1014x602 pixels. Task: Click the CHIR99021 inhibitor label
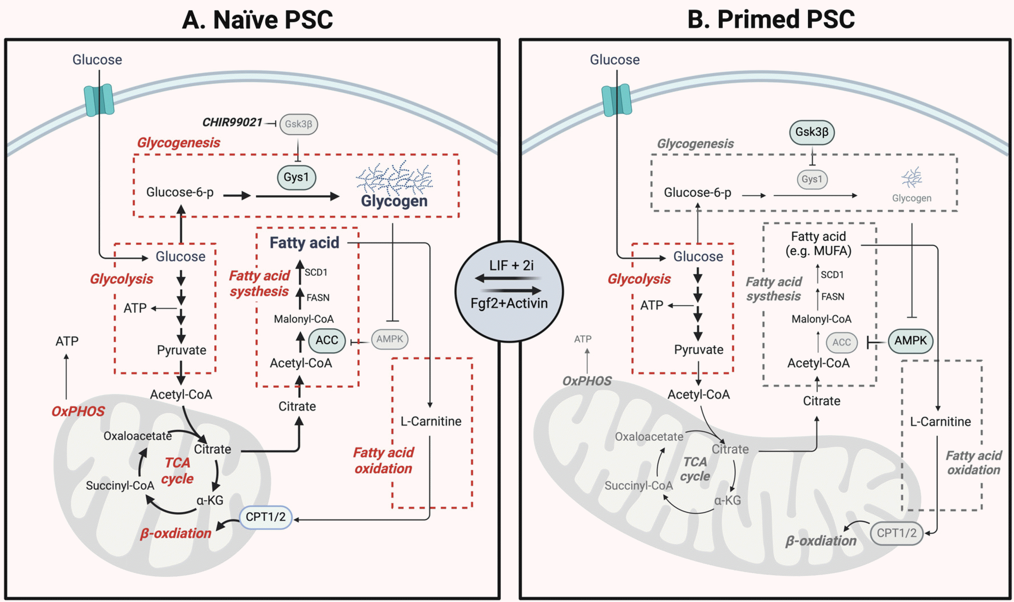tap(232, 122)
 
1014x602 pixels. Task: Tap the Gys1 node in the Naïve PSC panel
tap(296, 177)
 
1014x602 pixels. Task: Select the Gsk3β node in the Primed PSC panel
tap(811, 132)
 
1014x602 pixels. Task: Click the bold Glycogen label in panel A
tap(394, 201)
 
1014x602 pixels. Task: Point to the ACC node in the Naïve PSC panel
tap(327, 340)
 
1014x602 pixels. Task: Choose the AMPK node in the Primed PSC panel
tap(910, 341)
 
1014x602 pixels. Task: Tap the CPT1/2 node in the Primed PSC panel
tap(896, 533)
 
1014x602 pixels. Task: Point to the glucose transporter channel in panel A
tap(99, 100)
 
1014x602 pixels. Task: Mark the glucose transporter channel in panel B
tap(616, 100)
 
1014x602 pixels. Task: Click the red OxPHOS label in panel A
tap(78, 411)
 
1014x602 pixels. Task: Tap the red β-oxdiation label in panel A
tap(175, 533)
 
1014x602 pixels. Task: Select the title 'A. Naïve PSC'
tap(257, 20)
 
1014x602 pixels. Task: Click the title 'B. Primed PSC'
tap(771, 20)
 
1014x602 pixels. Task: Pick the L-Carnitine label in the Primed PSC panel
tap(940, 422)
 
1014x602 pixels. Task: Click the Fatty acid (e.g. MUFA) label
tap(818, 244)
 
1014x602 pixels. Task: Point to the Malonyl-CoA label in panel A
tap(304, 319)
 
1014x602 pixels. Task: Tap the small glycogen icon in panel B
tap(912, 178)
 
